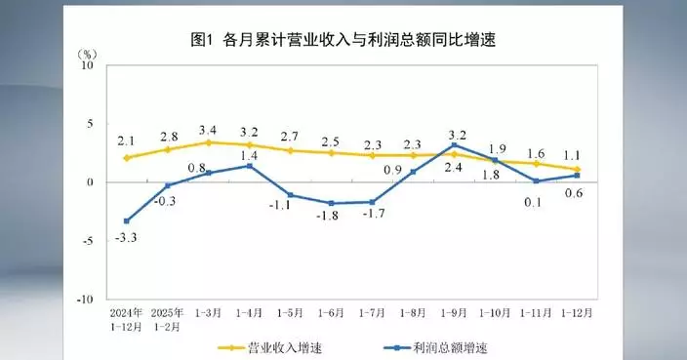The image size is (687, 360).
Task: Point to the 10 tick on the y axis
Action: click(87, 65)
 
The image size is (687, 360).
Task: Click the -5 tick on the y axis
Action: click(87, 240)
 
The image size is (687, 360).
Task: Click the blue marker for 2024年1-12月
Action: click(127, 220)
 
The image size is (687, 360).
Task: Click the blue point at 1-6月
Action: click(331, 203)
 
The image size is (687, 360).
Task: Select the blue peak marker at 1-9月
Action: click(454, 145)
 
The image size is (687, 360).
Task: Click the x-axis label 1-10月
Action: click(496, 313)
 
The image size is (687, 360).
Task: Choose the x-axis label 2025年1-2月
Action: click(168, 319)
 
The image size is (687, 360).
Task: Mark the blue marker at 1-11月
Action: click(537, 180)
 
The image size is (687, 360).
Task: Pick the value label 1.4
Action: click(250, 155)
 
